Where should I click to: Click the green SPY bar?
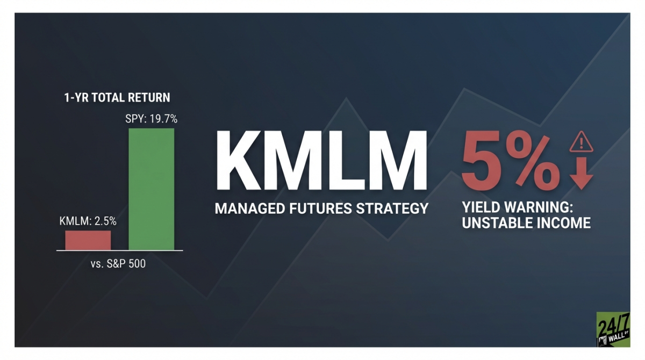coord(151,189)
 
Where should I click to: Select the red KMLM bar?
coord(88,240)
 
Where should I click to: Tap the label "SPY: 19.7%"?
coord(152,119)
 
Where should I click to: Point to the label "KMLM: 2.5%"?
coord(88,221)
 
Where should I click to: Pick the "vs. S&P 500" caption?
coord(118,264)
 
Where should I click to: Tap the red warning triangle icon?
coord(581,142)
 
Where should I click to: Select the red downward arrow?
coord(581,175)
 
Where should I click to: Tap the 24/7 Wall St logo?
coord(613,329)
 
